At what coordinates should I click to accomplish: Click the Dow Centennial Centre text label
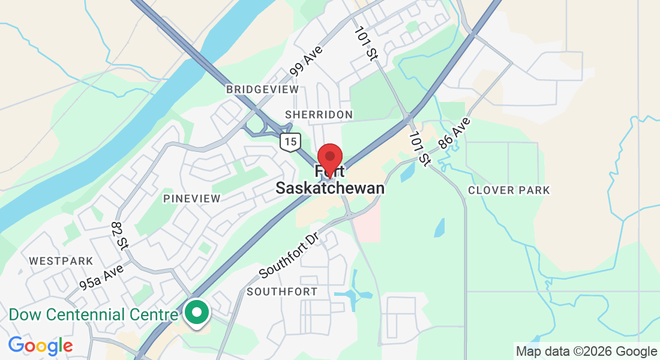click(94, 314)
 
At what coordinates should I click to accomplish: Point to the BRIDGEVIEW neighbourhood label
click(262, 89)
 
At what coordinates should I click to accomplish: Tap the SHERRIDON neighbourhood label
click(319, 114)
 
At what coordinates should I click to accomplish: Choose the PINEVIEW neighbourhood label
click(192, 198)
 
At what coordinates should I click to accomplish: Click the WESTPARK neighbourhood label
click(61, 261)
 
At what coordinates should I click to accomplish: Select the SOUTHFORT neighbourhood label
click(282, 292)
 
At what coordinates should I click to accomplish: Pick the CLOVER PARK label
click(509, 190)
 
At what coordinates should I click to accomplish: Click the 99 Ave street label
click(306, 61)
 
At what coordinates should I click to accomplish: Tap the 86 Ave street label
click(454, 133)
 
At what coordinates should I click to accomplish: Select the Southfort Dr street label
click(288, 255)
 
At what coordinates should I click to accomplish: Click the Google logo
click(40, 346)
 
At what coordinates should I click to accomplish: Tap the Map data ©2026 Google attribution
click(586, 352)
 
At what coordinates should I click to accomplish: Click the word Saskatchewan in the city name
click(330, 188)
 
